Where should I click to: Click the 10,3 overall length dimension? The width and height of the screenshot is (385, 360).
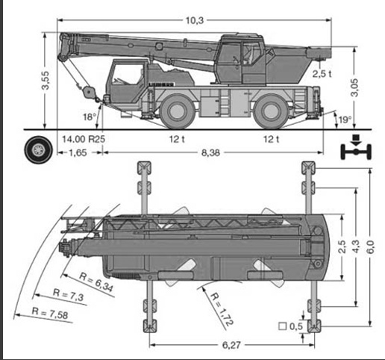[x=195, y=20]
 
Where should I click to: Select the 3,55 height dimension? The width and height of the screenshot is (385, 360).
[x=46, y=80]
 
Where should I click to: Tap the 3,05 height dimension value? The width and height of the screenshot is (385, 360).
[x=354, y=87]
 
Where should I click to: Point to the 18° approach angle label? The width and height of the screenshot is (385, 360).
[x=90, y=117]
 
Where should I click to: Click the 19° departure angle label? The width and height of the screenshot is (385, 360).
[x=345, y=120]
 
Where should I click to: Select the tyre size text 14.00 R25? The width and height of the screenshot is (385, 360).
[x=84, y=139]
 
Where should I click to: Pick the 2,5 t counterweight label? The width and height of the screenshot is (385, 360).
[x=322, y=74]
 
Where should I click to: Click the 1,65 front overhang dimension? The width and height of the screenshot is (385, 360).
[x=78, y=152]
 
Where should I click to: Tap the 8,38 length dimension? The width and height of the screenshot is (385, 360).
[x=210, y=152]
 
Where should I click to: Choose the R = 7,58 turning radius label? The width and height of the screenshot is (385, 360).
[x=50, y=313]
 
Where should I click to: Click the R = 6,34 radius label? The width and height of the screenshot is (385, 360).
[x=96, y=282]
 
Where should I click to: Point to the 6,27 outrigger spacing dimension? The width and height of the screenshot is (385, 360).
[x=231, y=345]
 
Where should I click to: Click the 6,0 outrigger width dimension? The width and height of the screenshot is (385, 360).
[x=370, y=247]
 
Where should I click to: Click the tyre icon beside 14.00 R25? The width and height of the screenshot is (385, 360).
[x=39, y=149]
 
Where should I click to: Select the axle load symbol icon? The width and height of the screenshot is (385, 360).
[x=356, y=147]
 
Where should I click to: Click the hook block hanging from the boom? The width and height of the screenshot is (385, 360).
[x=88, y=91]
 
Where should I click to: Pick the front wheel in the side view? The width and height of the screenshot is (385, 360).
[x=177, y=111]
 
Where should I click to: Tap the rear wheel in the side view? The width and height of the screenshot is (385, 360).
[x=272, y=111]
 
